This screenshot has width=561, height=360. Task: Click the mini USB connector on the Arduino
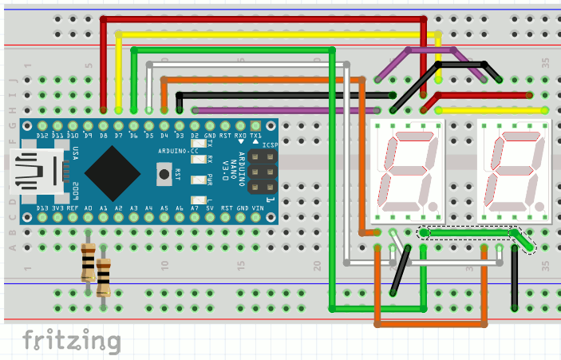coord(36,168)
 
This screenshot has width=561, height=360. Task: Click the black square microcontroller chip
coord(114,168)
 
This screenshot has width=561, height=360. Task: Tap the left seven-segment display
coord(409,171)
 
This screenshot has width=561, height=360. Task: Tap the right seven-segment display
coord(514,171)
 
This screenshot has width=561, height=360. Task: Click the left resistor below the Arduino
coord(88,263)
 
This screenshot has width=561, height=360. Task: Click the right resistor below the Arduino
coord(103,275)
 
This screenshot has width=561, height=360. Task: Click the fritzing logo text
coord(71,340)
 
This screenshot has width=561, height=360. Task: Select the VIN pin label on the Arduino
coord(256,209)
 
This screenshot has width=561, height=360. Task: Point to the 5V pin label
coord(211,209)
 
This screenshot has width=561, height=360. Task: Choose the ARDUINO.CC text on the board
coord(178,150)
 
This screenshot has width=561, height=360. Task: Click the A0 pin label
coord(88,209)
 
